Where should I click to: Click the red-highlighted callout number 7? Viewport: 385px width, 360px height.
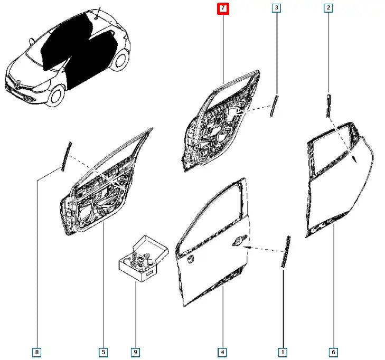(x=223, y=8)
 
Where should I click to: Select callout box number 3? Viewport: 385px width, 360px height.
(x=277, y=8)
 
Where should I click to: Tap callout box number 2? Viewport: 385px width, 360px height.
(x=328, y=8)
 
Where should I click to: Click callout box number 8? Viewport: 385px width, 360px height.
(x=37, y=353)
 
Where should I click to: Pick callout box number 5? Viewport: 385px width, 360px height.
(x=104, y=353)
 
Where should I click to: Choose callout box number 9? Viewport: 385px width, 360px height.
(x=135, y=353)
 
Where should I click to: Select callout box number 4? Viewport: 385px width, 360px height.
(x=222, y=353)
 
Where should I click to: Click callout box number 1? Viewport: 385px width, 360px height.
(x=283, y=353)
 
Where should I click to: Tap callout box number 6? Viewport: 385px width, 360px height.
(x=333, y=353)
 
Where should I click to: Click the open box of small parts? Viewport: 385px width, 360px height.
(x=144, y=259)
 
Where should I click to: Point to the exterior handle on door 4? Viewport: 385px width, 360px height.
(x=239, y=241)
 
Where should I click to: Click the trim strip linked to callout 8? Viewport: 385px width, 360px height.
(x=67, y=157)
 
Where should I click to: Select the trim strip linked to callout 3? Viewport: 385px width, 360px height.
(x=274, y=106)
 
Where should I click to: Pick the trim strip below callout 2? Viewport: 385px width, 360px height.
(x=329, y=106)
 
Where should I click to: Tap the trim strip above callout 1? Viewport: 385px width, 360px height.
(x=286, y=252)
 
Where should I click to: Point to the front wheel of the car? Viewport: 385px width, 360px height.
(x=57, y=96)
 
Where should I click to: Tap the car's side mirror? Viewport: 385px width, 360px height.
(x=32, y=41)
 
